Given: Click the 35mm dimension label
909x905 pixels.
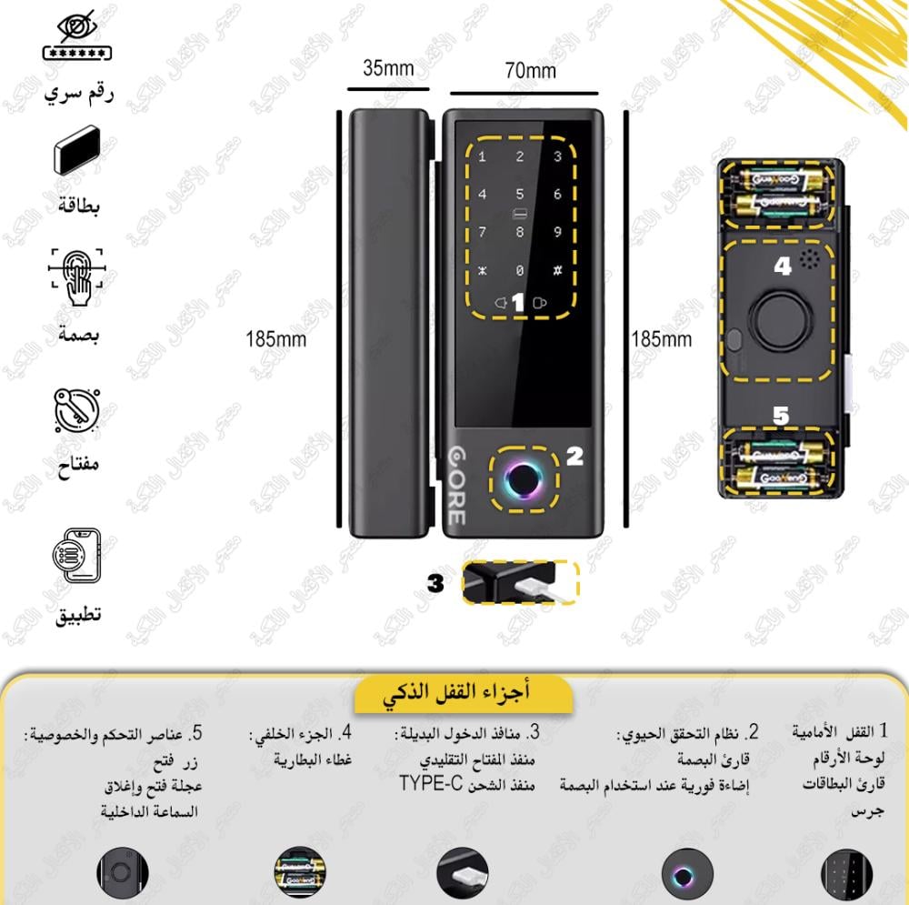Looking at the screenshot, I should [388, 68].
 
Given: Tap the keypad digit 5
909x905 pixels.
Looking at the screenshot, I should [520, 195].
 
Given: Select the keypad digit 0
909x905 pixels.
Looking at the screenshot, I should [520, 271].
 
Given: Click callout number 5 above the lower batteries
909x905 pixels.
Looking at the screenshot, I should [781, 415].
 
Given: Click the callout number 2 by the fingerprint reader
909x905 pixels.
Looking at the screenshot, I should [574, 458].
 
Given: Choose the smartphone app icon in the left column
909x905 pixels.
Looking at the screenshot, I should [76, 557].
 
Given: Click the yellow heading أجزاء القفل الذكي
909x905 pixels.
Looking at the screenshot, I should [465, 694].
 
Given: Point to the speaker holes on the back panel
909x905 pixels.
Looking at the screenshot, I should [809, 261].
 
